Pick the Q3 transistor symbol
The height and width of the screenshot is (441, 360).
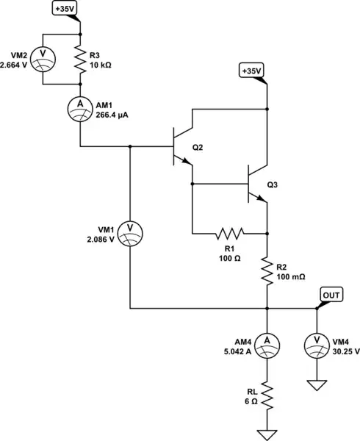[255, 186]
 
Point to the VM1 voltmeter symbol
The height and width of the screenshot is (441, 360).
[130, 229]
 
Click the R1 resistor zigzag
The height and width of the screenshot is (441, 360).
[229, 234]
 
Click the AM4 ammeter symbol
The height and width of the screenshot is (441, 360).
[267, 340]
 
